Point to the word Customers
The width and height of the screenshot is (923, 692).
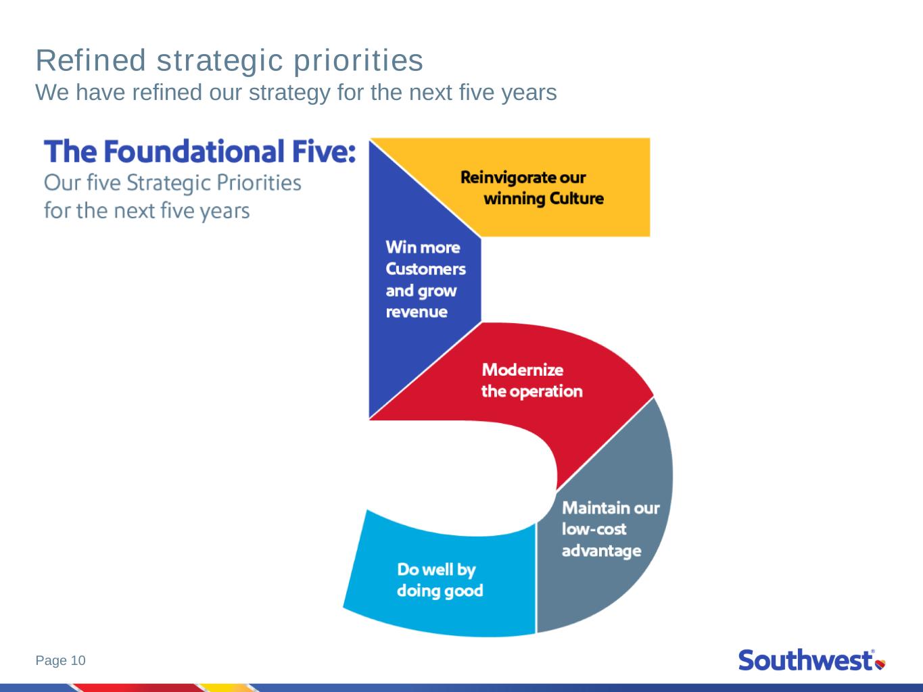(x=425, y=269)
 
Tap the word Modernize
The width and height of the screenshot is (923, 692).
(x=522, y=370)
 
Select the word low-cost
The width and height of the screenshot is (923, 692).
(x=594, y=529)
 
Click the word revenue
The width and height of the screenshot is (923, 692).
(x=417, y=312)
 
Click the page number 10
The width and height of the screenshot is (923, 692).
(x=78, y=660)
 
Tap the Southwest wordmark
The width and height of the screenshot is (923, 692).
(x=806, y=660)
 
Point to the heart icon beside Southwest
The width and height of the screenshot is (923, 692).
(x=880, y=664)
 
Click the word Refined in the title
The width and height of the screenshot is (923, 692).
(x=91, y=61)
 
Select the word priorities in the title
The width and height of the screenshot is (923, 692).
(x=358, y=61)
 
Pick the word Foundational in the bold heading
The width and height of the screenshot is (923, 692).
(x=194, y=151)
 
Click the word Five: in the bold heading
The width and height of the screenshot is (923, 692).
(x=324, y=151)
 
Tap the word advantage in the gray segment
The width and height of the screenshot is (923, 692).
(x=602, y=551)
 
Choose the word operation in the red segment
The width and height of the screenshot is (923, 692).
(x=546, y=392)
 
